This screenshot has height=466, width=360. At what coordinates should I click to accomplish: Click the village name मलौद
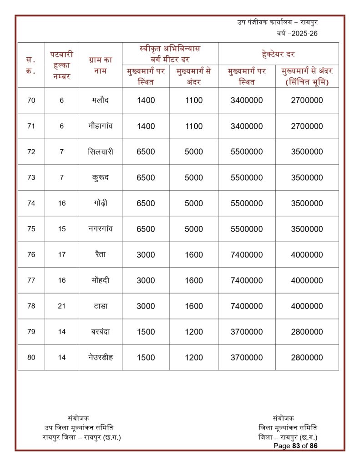[100, 100]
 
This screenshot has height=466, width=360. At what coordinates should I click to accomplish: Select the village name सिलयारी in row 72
[100, 152]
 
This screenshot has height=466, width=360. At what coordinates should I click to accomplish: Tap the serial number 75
[31, 229]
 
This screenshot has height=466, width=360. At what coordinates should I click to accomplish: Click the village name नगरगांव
[100, 228]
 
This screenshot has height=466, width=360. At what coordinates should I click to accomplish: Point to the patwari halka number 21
[62, 306]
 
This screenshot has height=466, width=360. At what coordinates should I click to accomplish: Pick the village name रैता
[100, 254]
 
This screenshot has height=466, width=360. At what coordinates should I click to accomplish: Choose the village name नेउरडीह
[100, 357]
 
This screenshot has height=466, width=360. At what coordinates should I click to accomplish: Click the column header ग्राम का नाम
[100, 65]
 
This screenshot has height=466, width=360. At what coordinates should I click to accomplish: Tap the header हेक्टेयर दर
[278, 54]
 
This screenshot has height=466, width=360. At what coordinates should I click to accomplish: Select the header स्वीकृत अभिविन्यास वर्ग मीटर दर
[170, 54]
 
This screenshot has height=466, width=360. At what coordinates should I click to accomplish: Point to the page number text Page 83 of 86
[295, 446]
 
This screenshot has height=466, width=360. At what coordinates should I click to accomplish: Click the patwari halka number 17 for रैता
[62, 254]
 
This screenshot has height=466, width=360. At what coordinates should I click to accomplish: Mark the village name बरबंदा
[100, 331]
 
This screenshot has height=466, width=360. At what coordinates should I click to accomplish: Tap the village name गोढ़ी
[100, 203]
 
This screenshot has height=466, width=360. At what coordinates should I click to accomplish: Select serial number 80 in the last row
[31, 357]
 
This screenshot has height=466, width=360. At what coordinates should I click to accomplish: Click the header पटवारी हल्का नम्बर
[62, 65]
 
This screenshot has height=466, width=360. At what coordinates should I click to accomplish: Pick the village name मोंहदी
[100, 280]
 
